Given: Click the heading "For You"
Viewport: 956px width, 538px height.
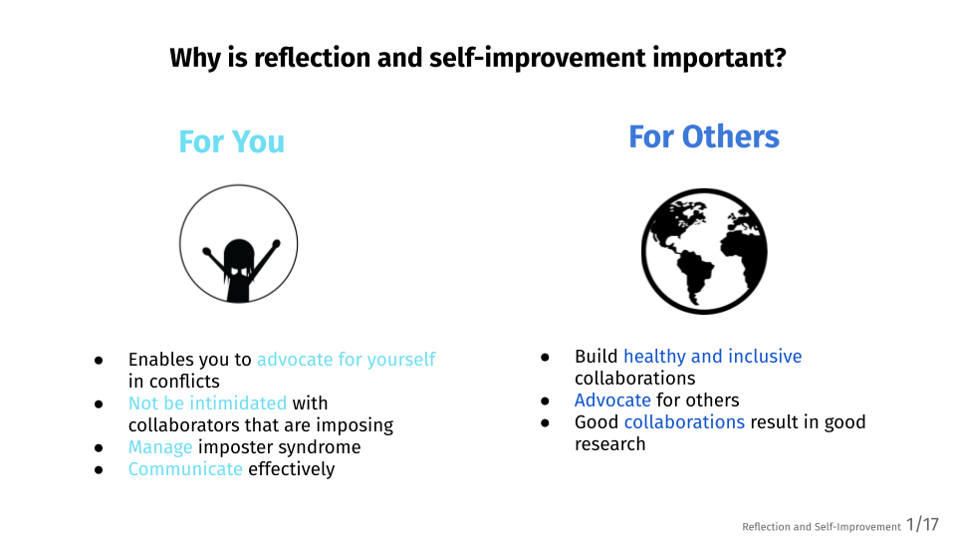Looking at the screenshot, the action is pos(232,141).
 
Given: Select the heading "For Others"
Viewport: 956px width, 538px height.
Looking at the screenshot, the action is pos(704,136).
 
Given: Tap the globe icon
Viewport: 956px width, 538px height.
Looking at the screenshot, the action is pos(704,251).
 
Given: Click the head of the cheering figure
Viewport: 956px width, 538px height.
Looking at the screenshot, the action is pos(239,256).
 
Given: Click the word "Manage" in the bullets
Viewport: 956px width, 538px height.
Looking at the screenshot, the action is pos(160,447).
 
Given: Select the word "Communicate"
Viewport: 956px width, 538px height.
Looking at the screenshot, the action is pos(185,469).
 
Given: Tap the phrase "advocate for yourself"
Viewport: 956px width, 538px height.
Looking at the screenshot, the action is pos(347,360).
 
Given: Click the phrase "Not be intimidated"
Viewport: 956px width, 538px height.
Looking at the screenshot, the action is pos(207,403).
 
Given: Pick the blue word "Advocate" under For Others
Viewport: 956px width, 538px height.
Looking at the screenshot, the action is pos(612,401).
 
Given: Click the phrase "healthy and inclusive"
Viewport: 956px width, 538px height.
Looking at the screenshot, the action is pos(713,357).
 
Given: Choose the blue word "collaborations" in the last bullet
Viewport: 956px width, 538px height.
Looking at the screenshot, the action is pos(684,422).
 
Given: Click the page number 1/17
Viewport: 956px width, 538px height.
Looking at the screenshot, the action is pos(922,525).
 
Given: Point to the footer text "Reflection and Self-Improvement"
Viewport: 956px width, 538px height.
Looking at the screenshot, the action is pos(822,526).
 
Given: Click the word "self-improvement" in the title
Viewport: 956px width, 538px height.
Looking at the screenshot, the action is pos(537,59).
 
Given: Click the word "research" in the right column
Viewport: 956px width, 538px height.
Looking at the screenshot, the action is pos(609,444).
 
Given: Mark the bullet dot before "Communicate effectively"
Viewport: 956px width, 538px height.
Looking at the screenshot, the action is pos(99,470).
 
